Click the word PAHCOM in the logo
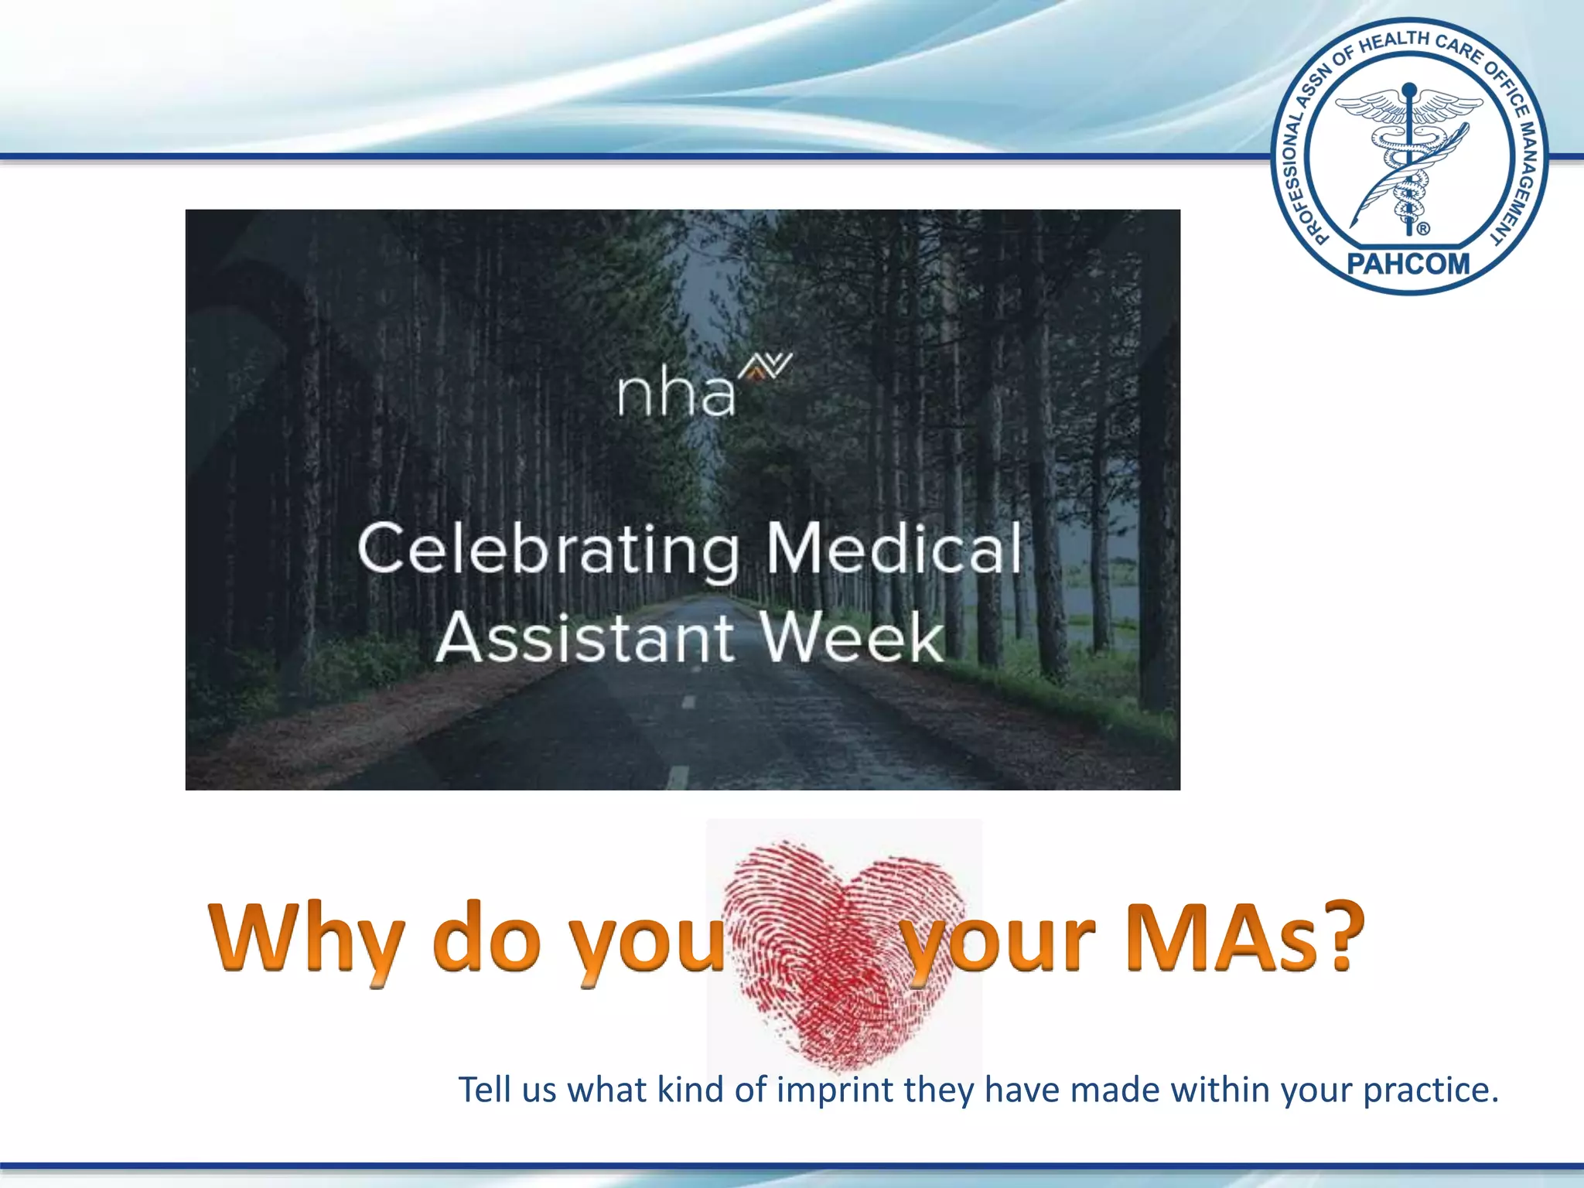(1408, 265)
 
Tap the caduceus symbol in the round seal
(1408, 155)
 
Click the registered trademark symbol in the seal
(1423, 228)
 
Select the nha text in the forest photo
(675, 394)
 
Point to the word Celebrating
(548, 550)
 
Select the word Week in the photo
(852, 638)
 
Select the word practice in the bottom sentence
(1431, 1090)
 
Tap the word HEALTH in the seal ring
(1395, 42)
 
